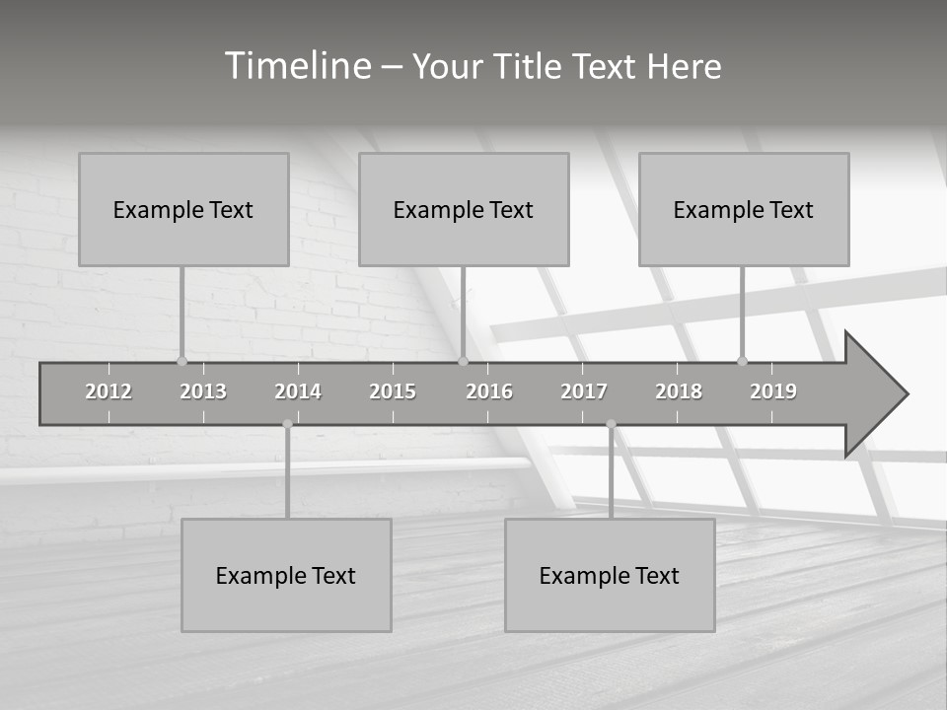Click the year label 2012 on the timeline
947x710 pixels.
coord(109,391)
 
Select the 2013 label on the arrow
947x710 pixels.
coord(203,391)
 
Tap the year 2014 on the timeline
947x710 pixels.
coord(298,391)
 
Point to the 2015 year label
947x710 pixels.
coord(393,391)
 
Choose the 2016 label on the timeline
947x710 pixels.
coord(489,391)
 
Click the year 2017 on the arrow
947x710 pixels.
coord(584,391)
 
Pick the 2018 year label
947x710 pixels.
coord(679,391)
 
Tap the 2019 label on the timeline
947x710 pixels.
coord(773,391)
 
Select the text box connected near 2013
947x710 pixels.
coord(183,209)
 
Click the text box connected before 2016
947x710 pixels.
coord(464,209)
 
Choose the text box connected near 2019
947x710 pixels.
coord(744,209)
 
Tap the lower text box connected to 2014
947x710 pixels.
coord(286,575)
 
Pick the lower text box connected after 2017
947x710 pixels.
coord(610,575)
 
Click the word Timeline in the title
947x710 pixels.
coord(296,66)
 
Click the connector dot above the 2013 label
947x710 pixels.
coord(182,361)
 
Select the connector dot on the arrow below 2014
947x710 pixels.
coord(287,424)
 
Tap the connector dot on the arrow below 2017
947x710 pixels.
coord(611,424)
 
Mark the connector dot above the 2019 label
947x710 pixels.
coord(742,361)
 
